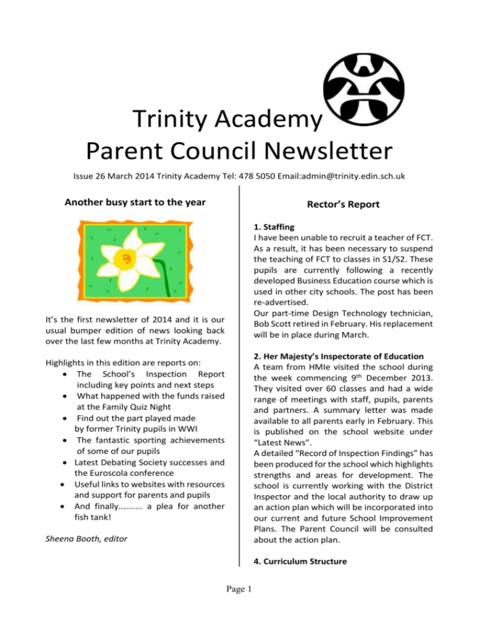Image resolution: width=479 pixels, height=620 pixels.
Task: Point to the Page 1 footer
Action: [x=238, y=604]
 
